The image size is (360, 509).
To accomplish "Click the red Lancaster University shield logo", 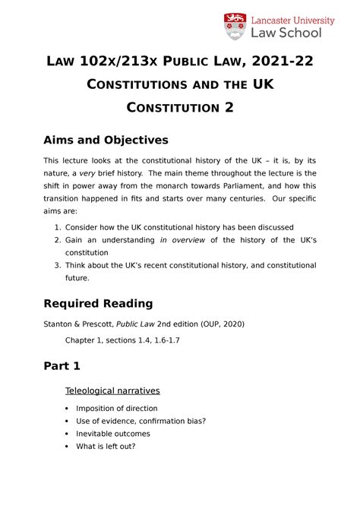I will pyautogui.click(x=234, y=26).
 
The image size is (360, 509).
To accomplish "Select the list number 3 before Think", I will pyautogui.click(x=57, y=265).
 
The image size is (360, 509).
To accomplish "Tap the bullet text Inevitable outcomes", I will pyautogui.click(x=113, y=434).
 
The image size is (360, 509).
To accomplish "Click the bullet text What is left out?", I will pyautogui.click(x=106, y=446).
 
